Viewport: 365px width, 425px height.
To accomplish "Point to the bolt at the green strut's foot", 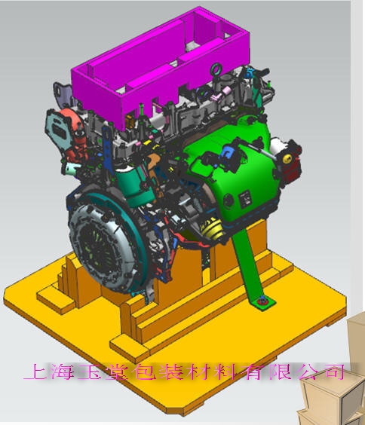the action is [262, 301].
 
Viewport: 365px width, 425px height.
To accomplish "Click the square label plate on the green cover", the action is [245, 199].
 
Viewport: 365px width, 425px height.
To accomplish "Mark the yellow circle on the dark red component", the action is [287, 159].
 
